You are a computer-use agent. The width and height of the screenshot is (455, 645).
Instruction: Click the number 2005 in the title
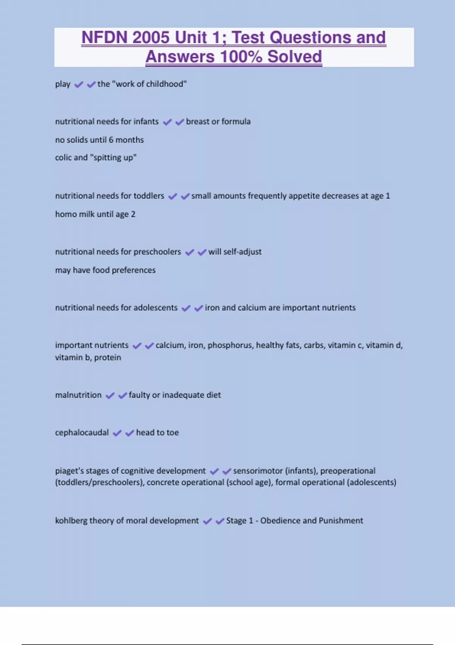pos(151,38)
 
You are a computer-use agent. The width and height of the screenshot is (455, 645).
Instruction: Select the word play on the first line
pos(63,84)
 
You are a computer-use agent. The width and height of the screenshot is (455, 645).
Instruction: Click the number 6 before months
pos(111,140)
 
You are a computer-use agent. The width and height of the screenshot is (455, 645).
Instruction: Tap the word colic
pos(63,157)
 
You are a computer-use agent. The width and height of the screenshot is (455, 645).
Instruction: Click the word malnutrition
pos(78,395)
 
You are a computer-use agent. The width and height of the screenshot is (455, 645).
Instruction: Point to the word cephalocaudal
pos(82,433)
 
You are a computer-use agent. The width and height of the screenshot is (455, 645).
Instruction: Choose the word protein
pos(107,357)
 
